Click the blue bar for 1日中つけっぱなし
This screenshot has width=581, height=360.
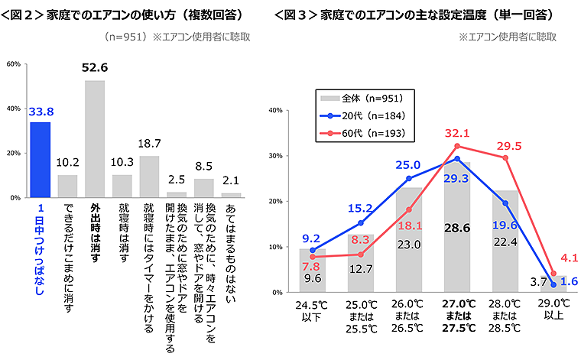coord(40,160)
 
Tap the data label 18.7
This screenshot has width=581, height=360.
coord(149,144)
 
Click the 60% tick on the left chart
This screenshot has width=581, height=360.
coord(13,64)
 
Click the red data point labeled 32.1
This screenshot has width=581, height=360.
coord(456,146)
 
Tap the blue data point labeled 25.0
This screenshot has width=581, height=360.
coord(409,178)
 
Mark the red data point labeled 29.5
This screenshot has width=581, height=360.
coord(505,158)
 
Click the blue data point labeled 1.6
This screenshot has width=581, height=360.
coord(553,284)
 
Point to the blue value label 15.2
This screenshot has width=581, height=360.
coord(360,207)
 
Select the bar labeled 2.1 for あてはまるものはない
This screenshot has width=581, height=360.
coord(231,195)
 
